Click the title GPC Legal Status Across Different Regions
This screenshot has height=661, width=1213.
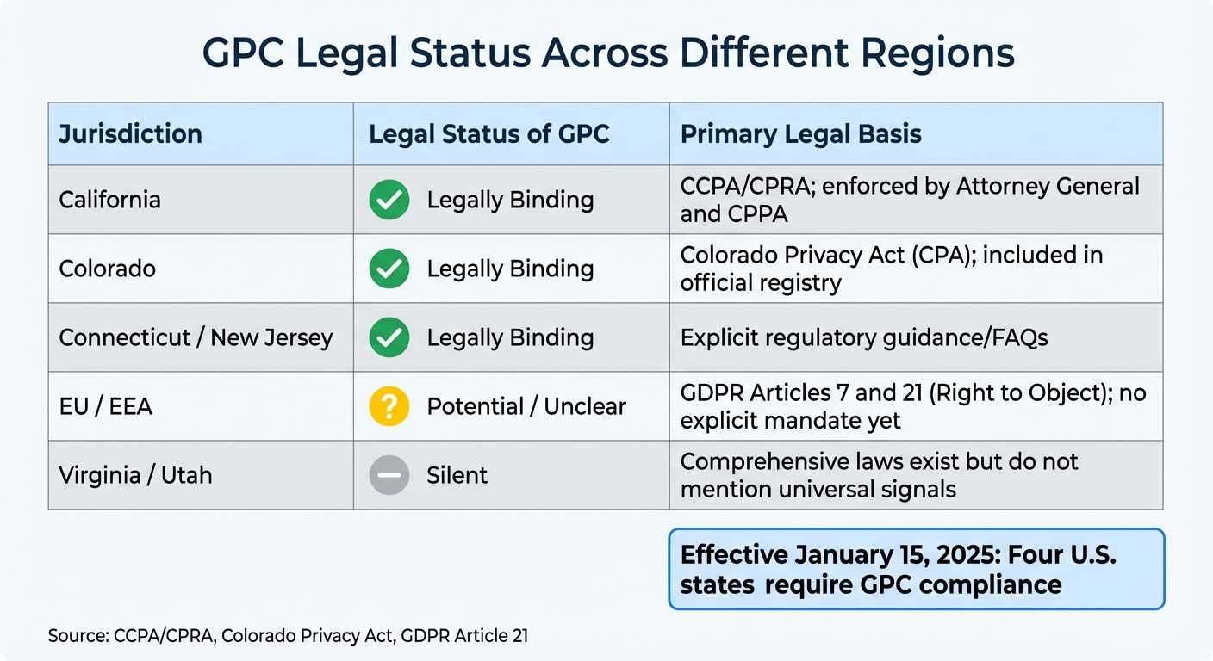tap(607, 53)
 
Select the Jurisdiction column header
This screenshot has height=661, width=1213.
tap(130, 134)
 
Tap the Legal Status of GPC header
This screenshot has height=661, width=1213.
tap(489, 134)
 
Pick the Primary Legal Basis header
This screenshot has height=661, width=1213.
tap(801, 134)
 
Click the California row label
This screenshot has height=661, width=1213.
tap(109, 200)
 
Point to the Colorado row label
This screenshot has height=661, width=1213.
tap(107, 269)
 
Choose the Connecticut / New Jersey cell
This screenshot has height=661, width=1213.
tap(196, 337)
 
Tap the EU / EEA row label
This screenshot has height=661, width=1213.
tap(105, 406)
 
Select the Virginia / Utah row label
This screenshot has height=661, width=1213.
tap(135, 475)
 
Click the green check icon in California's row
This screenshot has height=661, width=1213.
tap(389, 200)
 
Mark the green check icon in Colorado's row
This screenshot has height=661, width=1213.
tap(389, 269)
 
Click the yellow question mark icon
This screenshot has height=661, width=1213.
tap(389, 406)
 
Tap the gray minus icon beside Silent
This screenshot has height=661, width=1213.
tap(389, 475)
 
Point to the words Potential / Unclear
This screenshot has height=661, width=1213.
tap(526, 406)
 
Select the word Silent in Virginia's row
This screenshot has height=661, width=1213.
tap(457, 475)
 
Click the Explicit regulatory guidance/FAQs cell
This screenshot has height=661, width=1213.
tap(864, 337)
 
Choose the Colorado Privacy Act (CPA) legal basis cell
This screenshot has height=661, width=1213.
tap(892, 269)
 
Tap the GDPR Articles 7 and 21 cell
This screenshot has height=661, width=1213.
tap(913, 406)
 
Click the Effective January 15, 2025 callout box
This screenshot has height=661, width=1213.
tap(916, 570)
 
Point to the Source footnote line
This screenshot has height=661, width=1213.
tap(288, 637)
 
